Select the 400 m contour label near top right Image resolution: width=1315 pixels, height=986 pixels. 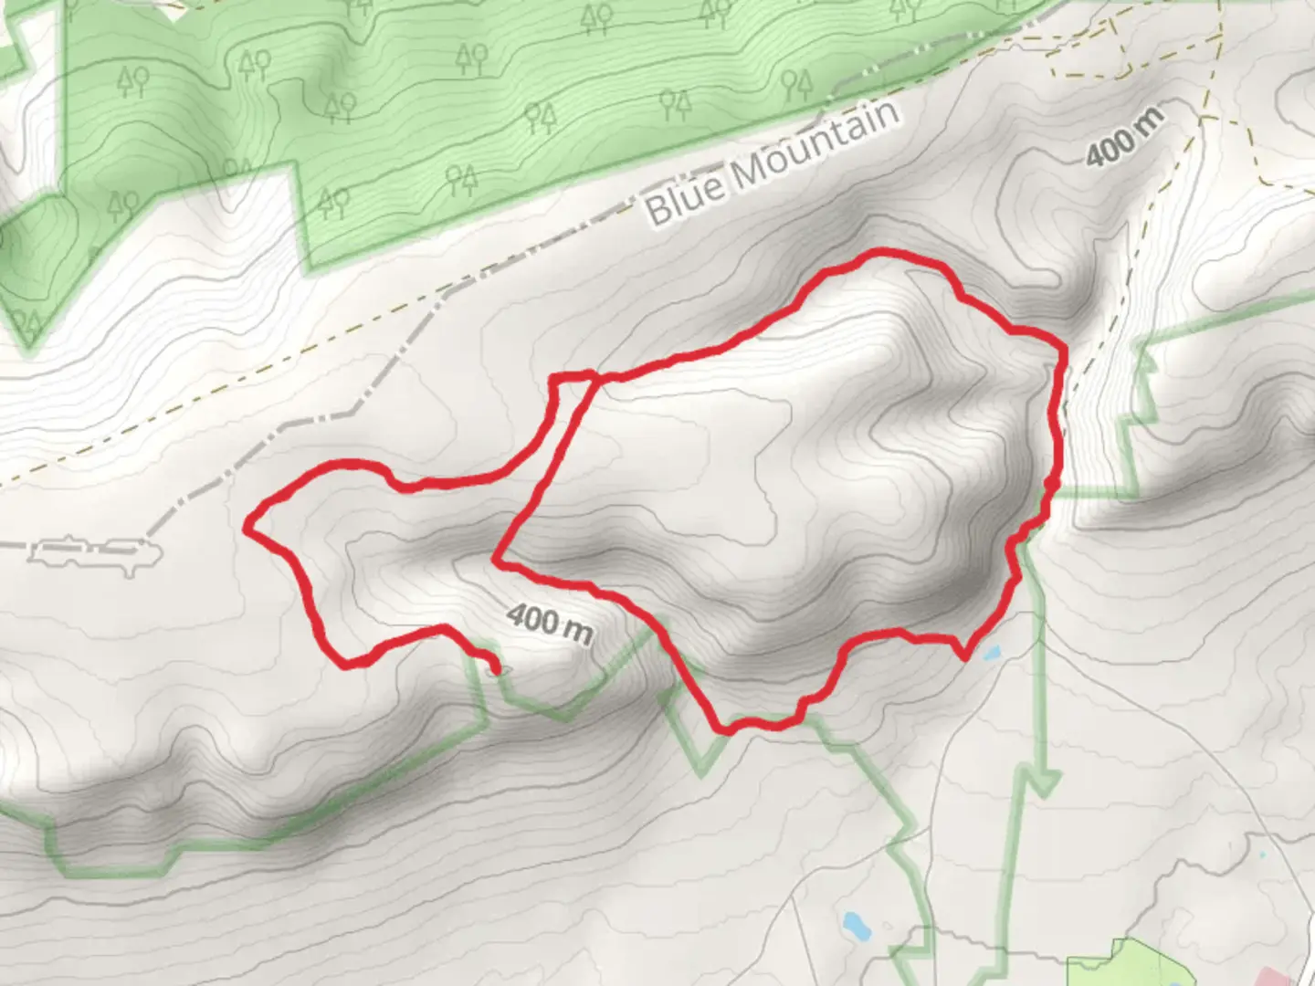tap(1125, 138)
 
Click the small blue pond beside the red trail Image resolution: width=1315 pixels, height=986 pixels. tap(991, 654)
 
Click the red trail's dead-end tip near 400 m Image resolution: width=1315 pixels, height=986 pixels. tap(495, 670)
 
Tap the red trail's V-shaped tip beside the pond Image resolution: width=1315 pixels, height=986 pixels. tap(963, 656)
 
